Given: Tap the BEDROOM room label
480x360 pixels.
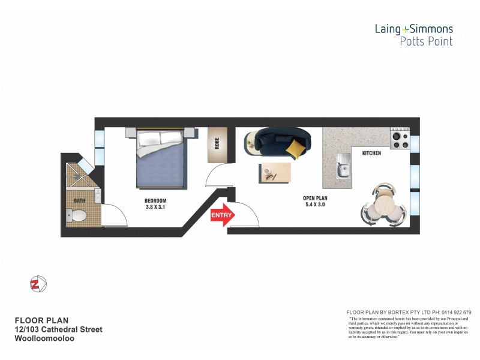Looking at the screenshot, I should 155,200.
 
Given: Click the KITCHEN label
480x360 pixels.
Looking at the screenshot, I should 371,154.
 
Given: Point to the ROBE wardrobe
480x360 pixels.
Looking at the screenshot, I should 217,145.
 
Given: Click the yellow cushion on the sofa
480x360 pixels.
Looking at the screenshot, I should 294,148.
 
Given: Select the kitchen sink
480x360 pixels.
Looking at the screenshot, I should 343,166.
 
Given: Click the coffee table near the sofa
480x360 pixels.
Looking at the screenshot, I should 275,172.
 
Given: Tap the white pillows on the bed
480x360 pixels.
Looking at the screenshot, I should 159,139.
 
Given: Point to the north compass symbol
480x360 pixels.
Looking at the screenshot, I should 37,284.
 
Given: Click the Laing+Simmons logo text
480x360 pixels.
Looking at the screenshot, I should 414,28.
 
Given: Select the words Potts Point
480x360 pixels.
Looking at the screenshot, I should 426,41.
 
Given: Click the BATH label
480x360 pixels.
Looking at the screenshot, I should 79,200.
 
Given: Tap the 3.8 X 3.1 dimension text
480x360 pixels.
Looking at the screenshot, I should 155,207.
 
